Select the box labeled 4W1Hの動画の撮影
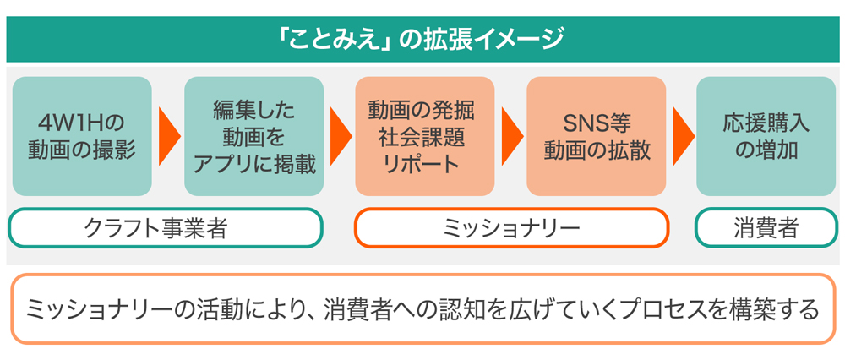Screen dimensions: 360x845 (x=82, y=136)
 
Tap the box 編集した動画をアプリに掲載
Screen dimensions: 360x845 (x=254, y=136)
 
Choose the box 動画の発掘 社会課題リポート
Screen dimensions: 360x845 (x=424, y=136)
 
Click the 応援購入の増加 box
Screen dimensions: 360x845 (x=766, y=136)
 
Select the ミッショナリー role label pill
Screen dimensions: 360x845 (x=511, y=228)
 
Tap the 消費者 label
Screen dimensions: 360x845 (x=766, y=228)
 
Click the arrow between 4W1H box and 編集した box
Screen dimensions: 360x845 (x=169, y=136)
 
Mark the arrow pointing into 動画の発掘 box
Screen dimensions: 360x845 (x=341, y=136)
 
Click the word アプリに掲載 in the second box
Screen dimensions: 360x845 (x=254, y=164)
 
